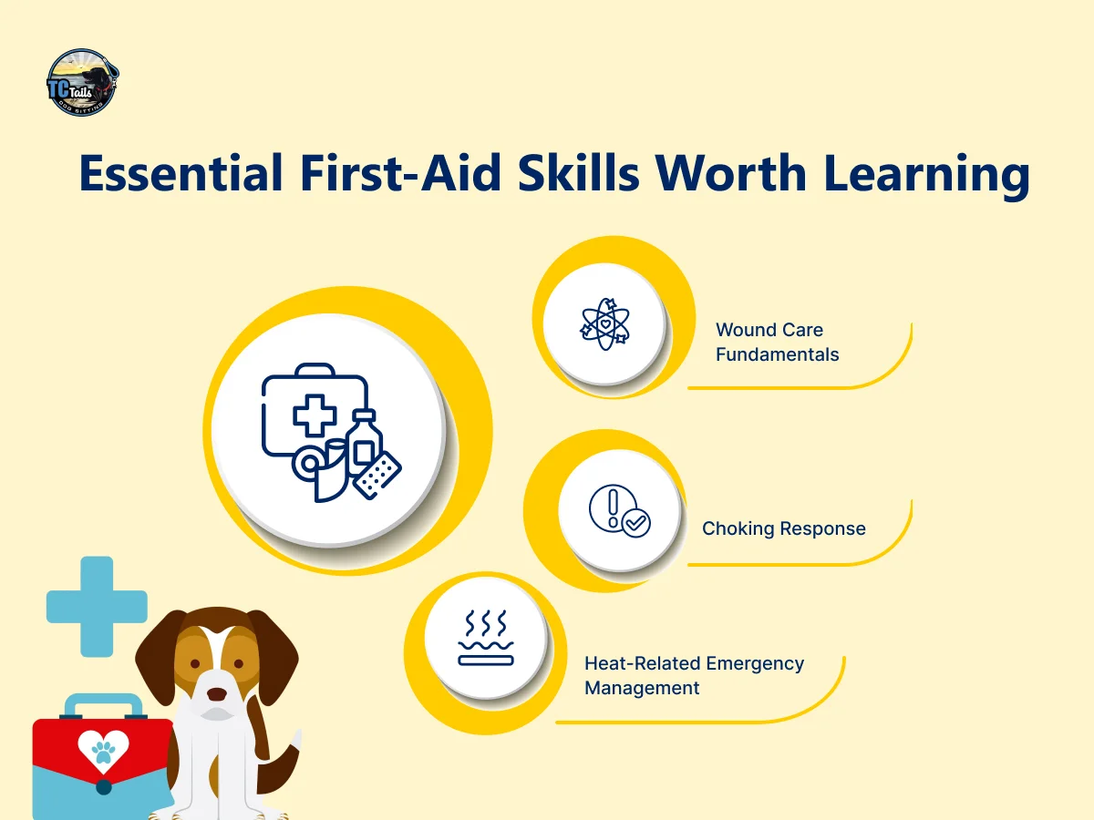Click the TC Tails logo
83,82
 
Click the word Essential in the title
181,173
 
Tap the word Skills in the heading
578,173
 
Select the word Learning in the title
926,175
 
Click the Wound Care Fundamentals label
777,342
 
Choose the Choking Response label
783,528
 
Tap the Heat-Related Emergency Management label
694,676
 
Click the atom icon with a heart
604,324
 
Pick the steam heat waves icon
485,638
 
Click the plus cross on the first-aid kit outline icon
315,415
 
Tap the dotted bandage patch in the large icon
377,475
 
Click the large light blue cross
97,607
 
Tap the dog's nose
216,694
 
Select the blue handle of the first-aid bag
104,706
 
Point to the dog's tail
282,762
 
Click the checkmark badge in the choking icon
636,523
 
